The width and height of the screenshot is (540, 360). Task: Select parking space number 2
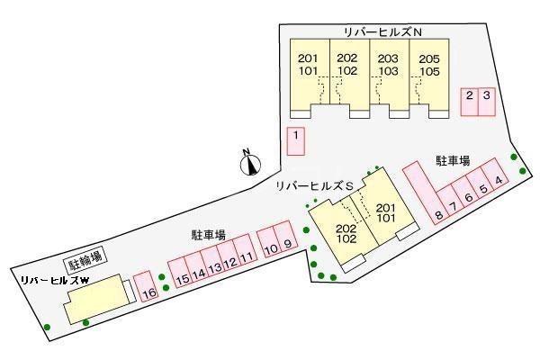469,100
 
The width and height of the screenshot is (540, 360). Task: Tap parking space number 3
486,100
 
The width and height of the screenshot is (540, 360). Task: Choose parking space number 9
287,242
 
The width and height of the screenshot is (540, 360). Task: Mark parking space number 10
270,242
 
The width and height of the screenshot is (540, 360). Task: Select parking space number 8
438,214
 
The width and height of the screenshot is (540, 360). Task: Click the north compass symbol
251,163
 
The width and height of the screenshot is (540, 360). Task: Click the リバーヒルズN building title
383,31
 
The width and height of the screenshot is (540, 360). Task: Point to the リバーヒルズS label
312,184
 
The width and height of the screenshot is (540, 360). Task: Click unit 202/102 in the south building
346,233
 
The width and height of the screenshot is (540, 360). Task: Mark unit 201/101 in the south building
385,211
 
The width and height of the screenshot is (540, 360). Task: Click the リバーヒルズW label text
54,280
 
